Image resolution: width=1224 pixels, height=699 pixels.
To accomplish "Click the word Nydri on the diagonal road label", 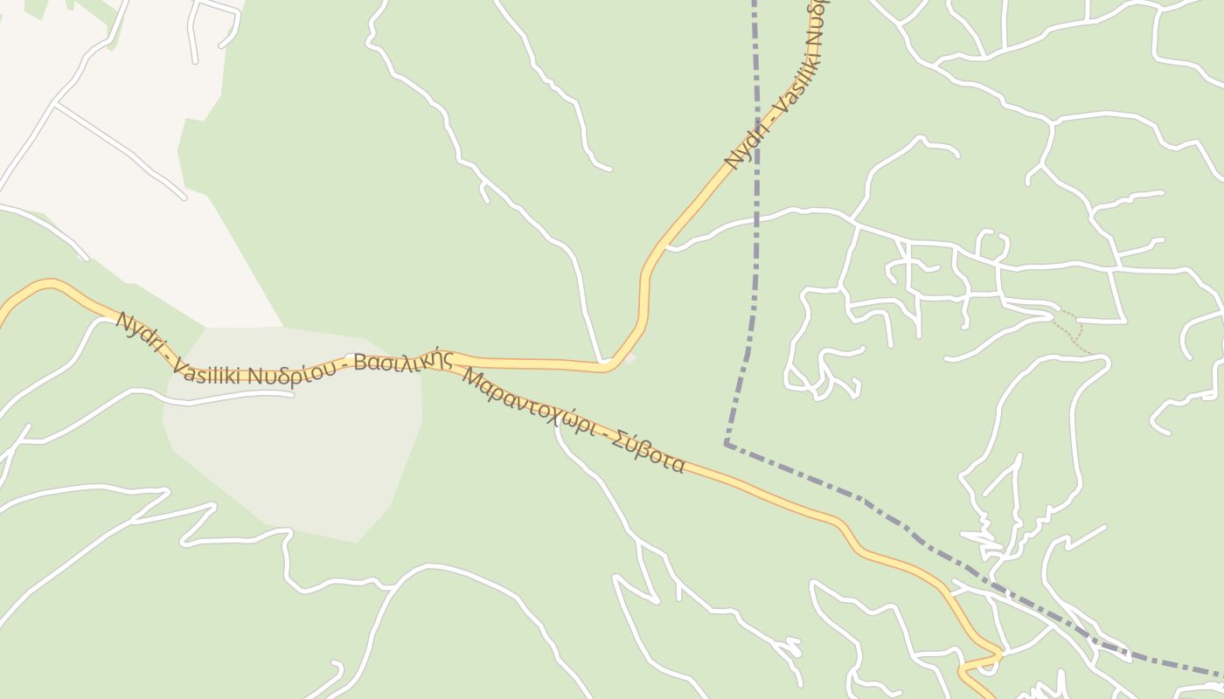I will point(747,144).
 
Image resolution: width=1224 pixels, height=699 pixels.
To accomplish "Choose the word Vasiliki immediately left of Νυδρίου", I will point(209,371).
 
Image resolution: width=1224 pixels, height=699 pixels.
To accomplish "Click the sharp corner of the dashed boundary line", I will point(727,444).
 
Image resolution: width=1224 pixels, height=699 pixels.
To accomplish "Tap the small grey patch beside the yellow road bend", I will point(629,357).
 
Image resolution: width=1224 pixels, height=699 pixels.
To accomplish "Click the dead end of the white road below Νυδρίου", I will point(291,394).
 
